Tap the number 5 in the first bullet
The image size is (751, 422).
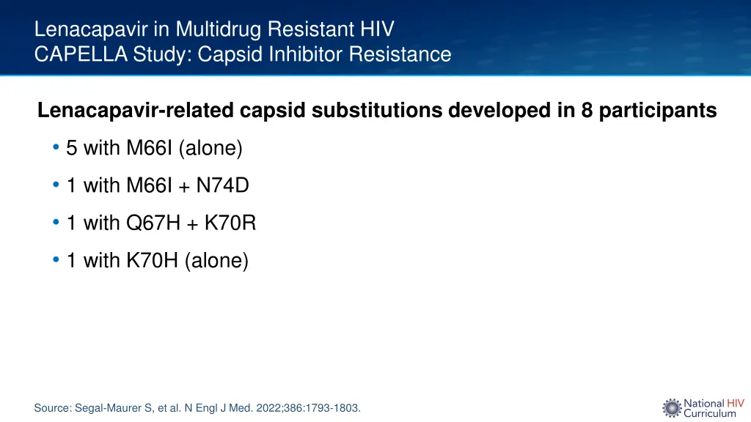tap(71, 149)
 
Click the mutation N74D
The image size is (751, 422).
tap(222, 186)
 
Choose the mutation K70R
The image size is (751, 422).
tap(230, 223)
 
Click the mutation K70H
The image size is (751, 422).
tap(153, 261)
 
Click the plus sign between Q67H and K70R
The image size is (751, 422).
tap(192, 224)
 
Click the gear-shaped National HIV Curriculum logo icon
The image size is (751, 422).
tap(672, 408)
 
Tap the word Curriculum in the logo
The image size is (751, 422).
tap(710, 414)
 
